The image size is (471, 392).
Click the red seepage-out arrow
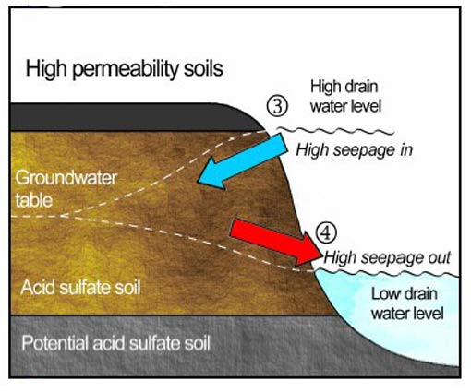(275, 242)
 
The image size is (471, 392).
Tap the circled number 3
(277, 106)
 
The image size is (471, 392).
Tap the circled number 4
(326, 232)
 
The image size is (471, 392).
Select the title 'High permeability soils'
(125, 69)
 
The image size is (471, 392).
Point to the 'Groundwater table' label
(66, 189)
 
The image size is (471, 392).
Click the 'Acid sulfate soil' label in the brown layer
(80, 288)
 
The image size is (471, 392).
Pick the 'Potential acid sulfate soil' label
(116, 343)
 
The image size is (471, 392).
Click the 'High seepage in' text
(355, 150)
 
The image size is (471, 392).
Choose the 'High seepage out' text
(387, 257)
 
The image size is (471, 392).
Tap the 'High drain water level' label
(345, 96)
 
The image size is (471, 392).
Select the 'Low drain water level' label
(407, 303)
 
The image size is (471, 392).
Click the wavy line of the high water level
(335, 131)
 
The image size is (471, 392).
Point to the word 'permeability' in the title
(127, 70)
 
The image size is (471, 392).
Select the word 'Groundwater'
(66, 178)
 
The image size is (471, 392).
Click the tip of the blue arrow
(198, 182)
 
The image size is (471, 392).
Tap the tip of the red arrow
(322, 255)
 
